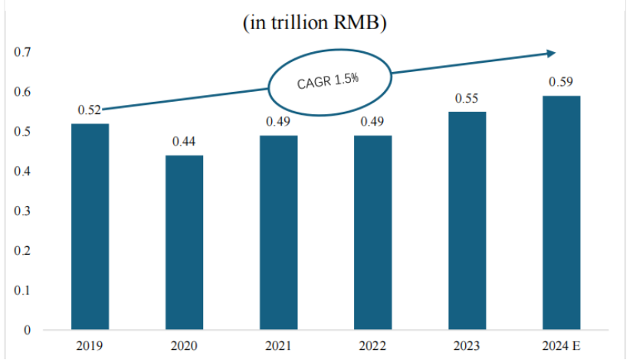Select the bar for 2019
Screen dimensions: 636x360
(90, 227)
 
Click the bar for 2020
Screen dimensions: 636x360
(184, 243)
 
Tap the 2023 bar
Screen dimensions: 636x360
(467, 221)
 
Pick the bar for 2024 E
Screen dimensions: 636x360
(562, 213)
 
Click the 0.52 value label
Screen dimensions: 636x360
(89, 110)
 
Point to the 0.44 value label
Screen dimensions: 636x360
(184, 142)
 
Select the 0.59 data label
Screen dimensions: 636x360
(561, 82)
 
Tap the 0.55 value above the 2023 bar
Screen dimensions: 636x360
(467, 98)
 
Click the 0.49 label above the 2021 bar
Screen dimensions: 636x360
(278, 121)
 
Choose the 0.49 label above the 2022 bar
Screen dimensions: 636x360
(372, 121)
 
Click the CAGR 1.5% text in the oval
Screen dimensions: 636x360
(328, 80)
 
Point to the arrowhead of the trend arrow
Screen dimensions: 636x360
(552, 53)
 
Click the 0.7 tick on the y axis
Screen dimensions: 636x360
(22, 52)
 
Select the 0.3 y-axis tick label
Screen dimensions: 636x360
(22, 211)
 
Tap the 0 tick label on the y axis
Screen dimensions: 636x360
(27, 330)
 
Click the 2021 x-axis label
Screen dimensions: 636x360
(278, 345)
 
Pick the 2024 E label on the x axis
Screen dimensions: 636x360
(562, 345)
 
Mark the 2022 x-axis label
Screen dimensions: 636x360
(372, 345)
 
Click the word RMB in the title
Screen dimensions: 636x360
(356, 22)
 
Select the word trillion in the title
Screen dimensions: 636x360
(300, 22)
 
